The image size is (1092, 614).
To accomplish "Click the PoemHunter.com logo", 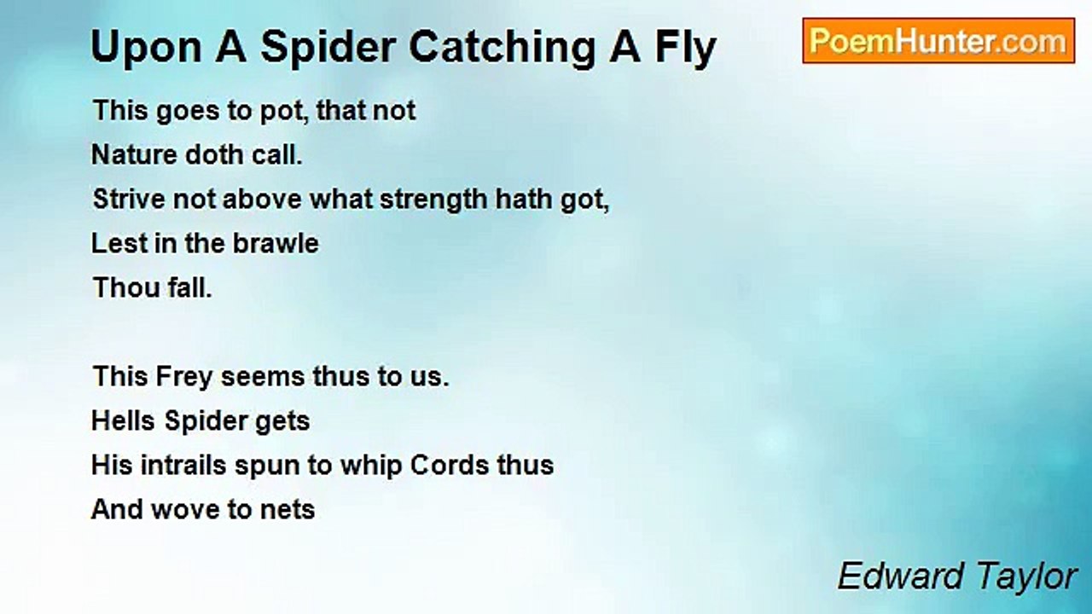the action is click(x=938, y=41).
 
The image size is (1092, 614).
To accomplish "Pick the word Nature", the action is click(x=135, y=155).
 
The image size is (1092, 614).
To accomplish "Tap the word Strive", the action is click(x=129, y=200).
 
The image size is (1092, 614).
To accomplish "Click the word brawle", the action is click(x=276, y=243).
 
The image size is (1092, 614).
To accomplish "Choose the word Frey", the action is click(x=184, y=378).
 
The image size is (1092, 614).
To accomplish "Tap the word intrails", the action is click(x=183, y=465).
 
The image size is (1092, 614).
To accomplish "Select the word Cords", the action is click(x=450, y=465).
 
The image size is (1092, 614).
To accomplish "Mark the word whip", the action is click(x=370, y=466).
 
